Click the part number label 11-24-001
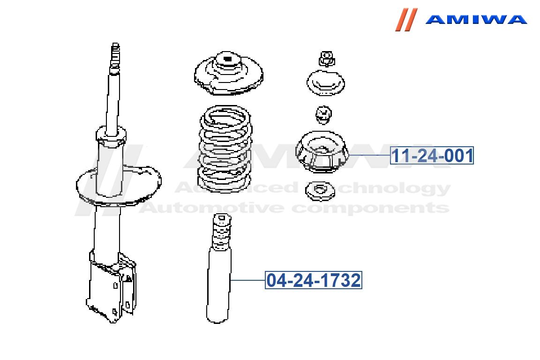[432, 155]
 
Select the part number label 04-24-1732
[314, 280]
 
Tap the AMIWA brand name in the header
[476, 19]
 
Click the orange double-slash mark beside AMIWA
[406, 20]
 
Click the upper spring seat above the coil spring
[229, 74]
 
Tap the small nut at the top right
[326, 59]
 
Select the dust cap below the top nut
[325, 83]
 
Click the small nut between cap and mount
[323, 115]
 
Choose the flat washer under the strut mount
[320, 191]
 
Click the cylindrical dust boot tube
[218, 286]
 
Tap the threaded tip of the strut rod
[115, 55]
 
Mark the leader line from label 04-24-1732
[247, 280]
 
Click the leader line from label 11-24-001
[369, 155]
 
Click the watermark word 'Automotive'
[213, 208]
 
